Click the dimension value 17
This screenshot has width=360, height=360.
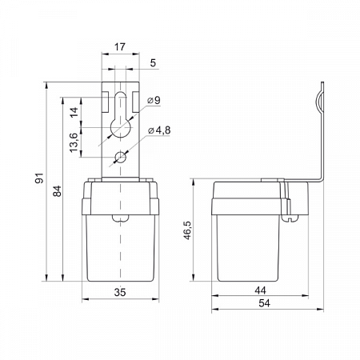pos(120,47)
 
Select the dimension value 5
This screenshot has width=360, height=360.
pos(153,63)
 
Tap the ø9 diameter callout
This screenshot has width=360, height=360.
pos(154,101)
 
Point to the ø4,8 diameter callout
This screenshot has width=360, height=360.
pos(159,130)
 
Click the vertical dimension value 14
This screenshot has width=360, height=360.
pos(74,112)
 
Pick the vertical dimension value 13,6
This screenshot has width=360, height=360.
pos(74,142)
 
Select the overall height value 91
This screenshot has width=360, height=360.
pos(39,178)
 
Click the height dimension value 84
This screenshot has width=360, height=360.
pos(57,191)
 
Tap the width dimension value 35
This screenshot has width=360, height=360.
pos(120,292)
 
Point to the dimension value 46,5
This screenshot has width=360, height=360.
pos(188,230)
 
